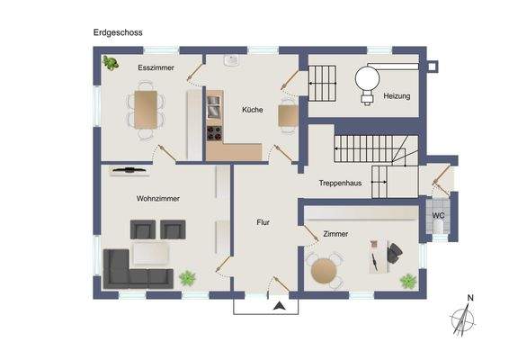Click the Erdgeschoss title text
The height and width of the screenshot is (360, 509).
[x=118, y=31]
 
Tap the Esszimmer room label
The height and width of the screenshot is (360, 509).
[x=156, y=68]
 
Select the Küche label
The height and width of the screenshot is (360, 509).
[x=252, y=110]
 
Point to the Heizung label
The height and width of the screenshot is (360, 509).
[x=397, y=95]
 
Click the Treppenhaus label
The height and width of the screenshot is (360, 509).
[x=340, y=183]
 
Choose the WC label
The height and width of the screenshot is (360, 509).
[x=438, y=216]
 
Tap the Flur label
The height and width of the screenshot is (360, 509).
[x=263, y=221]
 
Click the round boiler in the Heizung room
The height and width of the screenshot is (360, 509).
[x=367, y=78]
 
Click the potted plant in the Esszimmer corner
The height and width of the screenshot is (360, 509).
[x=112, y=63]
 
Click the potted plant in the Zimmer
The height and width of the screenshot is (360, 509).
[x=407, y=281]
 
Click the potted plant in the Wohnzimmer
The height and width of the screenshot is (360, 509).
[x=188, y=278]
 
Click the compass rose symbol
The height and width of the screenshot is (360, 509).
[x=463, y=319]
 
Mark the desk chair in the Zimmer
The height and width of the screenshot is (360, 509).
[x=394, y=256]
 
